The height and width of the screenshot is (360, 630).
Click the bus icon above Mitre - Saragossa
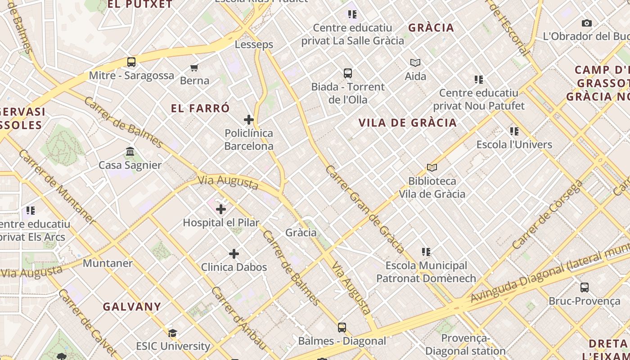[131, 62]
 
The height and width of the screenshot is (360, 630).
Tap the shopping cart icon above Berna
[194, 67]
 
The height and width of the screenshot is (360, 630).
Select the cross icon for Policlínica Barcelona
[249, 120]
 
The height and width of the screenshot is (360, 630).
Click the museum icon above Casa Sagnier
[130, 152]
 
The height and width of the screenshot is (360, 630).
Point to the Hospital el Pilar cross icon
[221, 209]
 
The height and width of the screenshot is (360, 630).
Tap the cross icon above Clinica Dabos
[234, 254]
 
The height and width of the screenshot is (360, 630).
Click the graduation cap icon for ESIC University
[172, 333]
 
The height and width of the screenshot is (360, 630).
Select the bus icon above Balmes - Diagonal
[342, 328]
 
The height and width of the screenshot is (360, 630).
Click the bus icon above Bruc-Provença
[585, 288]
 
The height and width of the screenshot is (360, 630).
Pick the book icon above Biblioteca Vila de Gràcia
[432, 168]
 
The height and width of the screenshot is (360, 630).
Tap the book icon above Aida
[415, 63]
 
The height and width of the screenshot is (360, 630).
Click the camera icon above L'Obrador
[587, 23]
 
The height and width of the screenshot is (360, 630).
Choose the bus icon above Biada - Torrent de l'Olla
[348, 73]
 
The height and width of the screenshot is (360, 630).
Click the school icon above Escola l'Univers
[514, 131]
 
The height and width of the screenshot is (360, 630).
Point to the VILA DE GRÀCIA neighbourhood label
[408, 122]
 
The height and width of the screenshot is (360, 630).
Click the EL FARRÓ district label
[200, 108]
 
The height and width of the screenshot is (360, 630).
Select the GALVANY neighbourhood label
[132, 307]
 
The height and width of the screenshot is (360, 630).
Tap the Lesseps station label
[254, 45]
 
